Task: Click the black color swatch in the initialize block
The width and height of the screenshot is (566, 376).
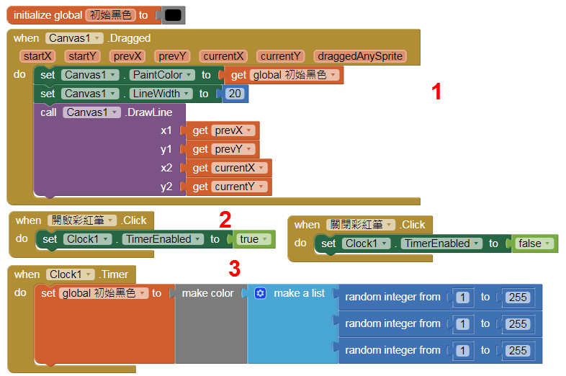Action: pos(172,14)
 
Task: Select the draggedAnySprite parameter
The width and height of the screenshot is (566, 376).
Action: pos(361,56)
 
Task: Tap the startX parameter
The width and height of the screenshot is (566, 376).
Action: pos(37,56)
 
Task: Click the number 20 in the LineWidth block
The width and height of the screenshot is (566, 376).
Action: pos(234,94)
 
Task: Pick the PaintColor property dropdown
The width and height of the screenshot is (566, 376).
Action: pos(161,75)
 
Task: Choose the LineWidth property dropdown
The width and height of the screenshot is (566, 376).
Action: pos(161,94)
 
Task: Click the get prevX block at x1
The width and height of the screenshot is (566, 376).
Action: pos(223,130)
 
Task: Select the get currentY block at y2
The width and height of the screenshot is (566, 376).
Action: pos(228,187)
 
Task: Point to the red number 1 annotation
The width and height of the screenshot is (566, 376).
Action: pos(436,91)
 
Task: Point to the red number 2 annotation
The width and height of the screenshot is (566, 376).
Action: pos(225,219)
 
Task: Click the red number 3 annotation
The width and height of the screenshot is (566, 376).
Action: pos(234,269)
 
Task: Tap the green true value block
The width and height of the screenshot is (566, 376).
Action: pos(253,239)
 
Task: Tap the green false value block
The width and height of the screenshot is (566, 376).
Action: pos(534,243)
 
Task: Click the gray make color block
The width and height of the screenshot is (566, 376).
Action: pos(207,293)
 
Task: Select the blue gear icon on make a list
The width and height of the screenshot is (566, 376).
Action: pos(260,293)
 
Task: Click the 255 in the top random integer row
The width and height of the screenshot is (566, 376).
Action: pos(517,297)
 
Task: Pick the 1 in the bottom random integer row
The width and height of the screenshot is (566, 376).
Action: pos(462,351)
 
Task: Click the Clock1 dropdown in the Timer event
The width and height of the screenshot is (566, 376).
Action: pos(71,274)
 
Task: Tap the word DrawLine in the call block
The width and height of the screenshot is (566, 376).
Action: pos(151,112)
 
